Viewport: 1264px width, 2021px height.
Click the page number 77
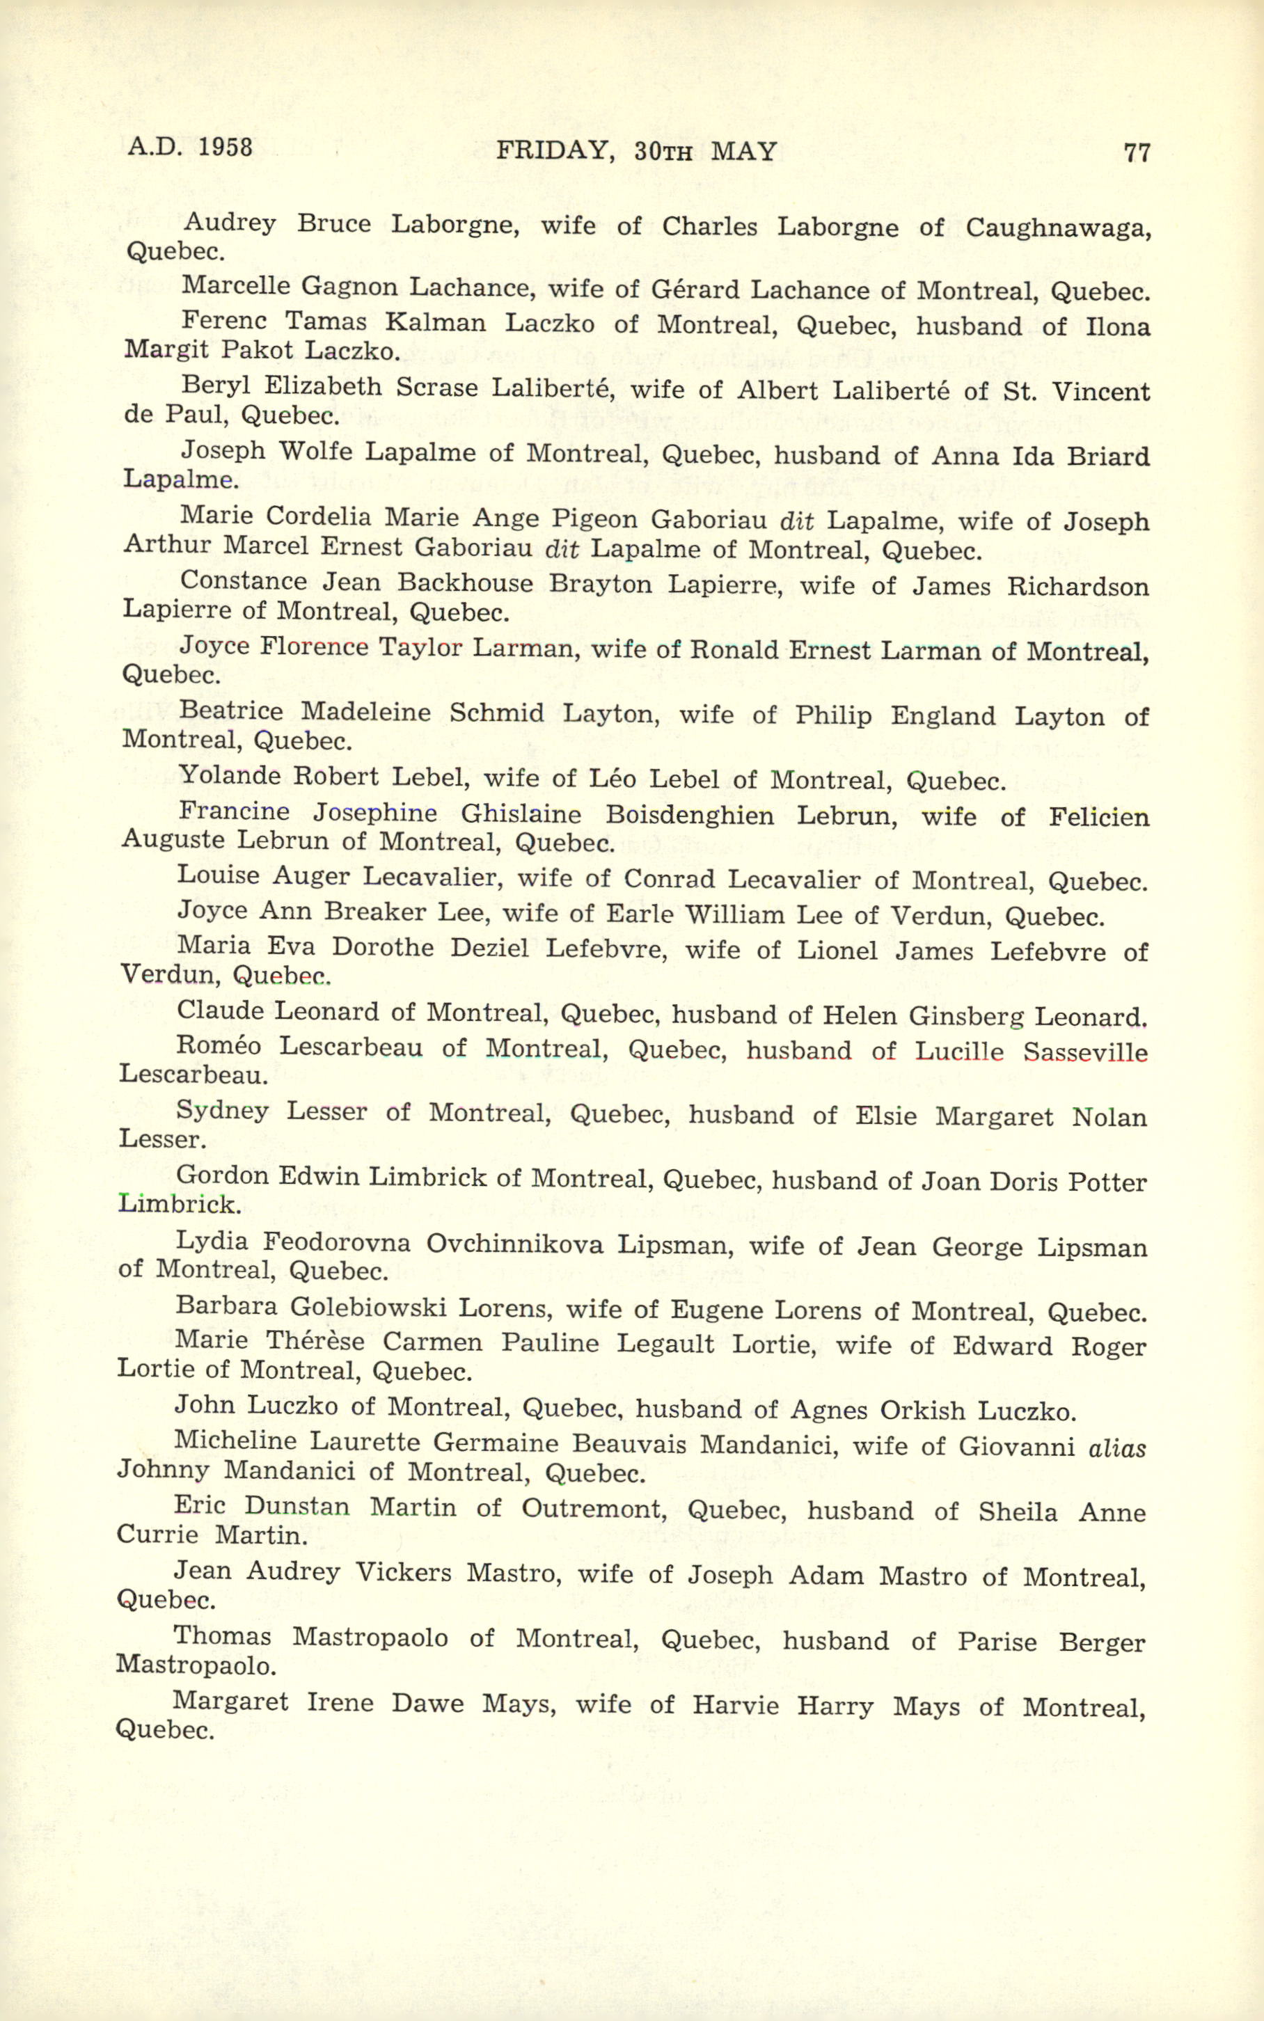pyautogui.click(x=1137, y=153)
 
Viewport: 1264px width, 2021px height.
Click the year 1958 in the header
pyautogui.click(x=225, y=148)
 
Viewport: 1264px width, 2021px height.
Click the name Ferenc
pyautogui.click(x=223, y=321)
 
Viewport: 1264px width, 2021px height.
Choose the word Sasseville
pyautogui.click(x=1084, y=1052)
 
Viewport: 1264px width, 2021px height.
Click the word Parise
pyautogui.click(x=997, y=1642)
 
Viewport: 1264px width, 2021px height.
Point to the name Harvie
pyautogui.click(x=735, y=1706)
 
